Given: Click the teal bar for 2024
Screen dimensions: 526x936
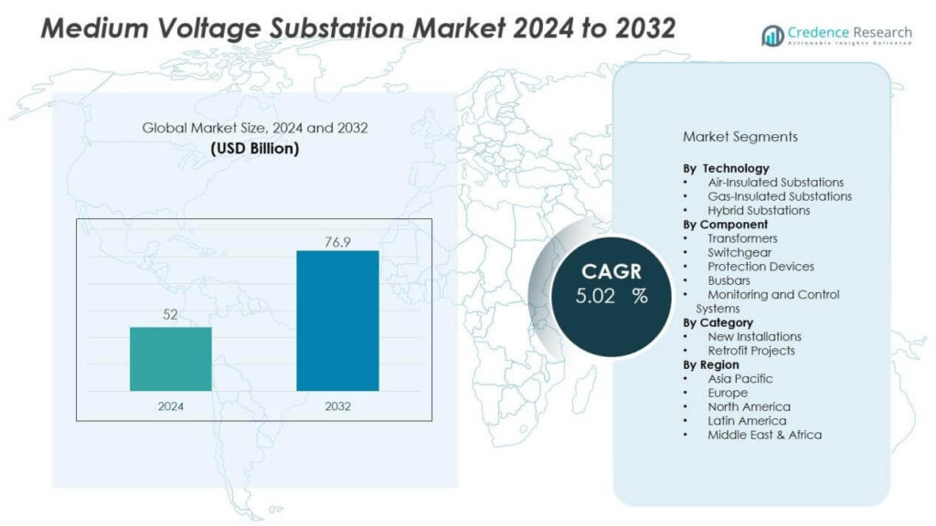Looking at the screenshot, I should [x=171, y=359].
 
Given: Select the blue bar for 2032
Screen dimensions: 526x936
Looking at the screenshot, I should [x=337, y=321].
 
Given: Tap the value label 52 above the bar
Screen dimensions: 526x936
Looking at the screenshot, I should [x=171, y=314].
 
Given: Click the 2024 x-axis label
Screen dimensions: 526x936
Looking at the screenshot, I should [x=171, y=406].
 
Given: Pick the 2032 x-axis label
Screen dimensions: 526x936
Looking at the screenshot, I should [x=337, y=406].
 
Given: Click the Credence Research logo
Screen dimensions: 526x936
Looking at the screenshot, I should [x=836, y=36].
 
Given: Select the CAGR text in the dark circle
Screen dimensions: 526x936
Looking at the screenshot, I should [x=612, y=272].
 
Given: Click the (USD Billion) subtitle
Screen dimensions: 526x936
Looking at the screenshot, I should [x=255, y=148].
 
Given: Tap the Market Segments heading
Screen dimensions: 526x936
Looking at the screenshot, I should [x=740, y=137].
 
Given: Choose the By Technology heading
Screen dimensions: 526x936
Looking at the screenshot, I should [x=726, y=168].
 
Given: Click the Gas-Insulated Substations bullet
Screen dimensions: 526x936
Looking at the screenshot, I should [x=779, y=196].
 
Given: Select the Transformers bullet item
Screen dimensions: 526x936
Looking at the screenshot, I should [x=742, y=238].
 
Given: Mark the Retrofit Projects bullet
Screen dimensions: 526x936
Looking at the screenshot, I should [x=750, y=351].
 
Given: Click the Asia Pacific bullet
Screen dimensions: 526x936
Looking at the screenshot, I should [x=739, y=379].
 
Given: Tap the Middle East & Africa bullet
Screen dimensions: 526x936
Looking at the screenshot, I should [x=764, y=435].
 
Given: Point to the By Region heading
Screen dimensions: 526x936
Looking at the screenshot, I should [x=711, y=365].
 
